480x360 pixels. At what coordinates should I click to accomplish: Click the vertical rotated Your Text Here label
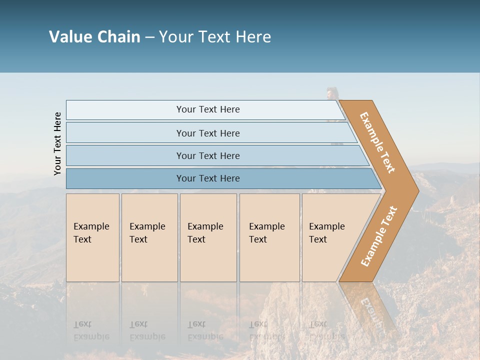pos(57,143)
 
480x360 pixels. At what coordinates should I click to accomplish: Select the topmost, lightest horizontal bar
pos(207,109)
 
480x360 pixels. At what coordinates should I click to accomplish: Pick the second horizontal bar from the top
pos(207,133)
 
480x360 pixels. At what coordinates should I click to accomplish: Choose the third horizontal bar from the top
pos(207,155)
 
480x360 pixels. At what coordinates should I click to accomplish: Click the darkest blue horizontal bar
pos(207,178)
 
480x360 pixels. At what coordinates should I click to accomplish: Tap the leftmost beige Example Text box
pos(92,237)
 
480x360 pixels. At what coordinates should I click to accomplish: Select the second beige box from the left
pos(149,237)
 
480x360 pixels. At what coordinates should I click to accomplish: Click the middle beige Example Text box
pos(207,237)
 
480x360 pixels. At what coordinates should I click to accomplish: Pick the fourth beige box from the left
pos(269,237)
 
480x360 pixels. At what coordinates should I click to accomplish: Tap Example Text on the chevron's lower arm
pos(379,236)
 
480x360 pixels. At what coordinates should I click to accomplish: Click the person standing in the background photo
pos(332,100)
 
